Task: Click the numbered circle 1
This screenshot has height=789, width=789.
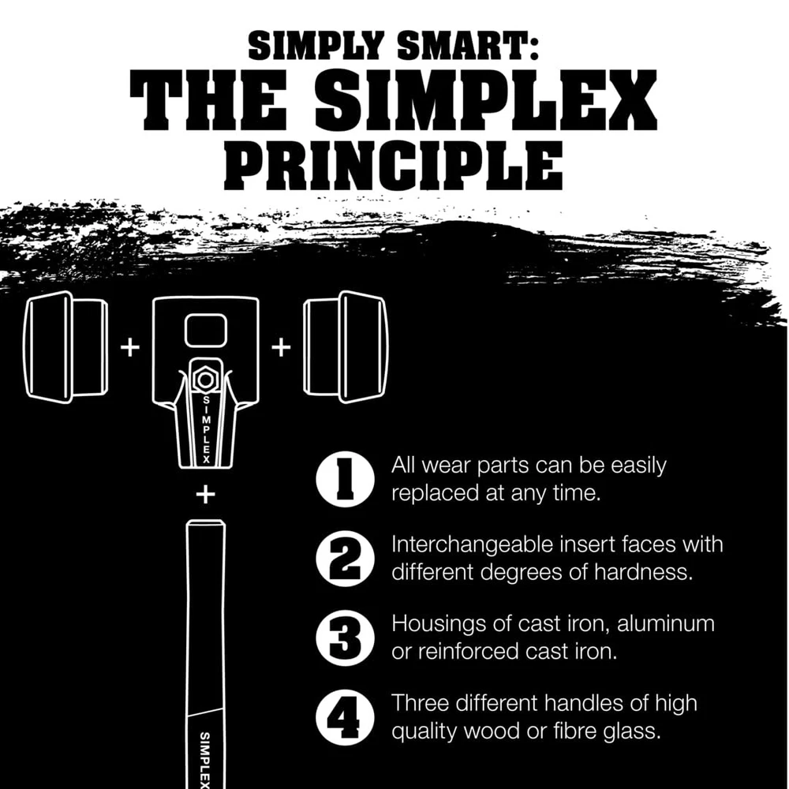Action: (x=346, y=479)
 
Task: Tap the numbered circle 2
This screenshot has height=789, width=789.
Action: (x=346, y=559)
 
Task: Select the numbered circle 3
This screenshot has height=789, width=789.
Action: (x=346, y=638)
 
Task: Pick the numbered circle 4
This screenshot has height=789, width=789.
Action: (x=346, y=716)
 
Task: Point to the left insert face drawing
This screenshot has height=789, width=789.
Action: (x=65, y=347)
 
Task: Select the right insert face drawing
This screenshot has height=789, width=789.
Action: (x=346, y=347)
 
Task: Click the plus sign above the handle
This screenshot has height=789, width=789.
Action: (x=205, y=495)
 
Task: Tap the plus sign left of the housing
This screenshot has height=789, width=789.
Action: (x=130, y=347)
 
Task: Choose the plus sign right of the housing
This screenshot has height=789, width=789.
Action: (x=281, y=347)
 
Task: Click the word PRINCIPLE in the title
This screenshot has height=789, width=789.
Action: (x=394, y=166)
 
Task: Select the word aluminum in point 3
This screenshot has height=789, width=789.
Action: (x=666, y=624)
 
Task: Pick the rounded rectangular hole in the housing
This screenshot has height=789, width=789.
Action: (x=206, y=331)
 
